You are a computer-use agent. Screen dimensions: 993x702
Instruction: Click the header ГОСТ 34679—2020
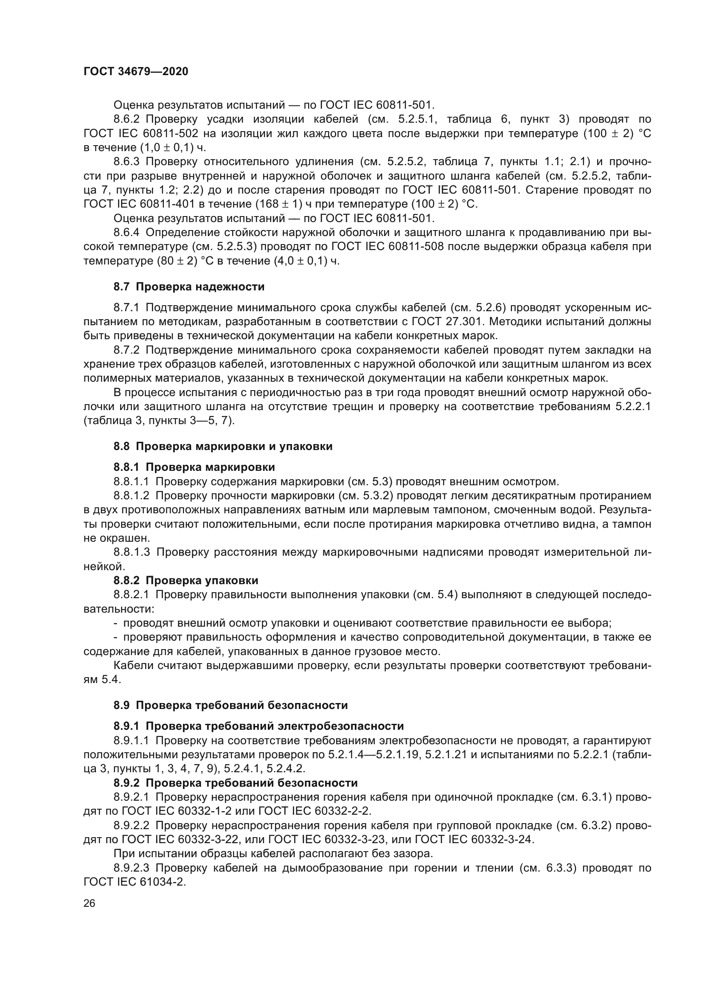click(x=136, y=72)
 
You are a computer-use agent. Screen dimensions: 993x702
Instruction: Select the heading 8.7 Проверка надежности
click(x=189, y=287)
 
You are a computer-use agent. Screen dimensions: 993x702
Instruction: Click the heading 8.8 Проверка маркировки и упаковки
click(x=223, y=446)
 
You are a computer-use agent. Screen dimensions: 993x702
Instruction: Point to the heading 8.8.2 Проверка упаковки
click(x=186, y=580)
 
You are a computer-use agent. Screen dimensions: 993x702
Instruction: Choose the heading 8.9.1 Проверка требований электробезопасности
click(x=258, y=726)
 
